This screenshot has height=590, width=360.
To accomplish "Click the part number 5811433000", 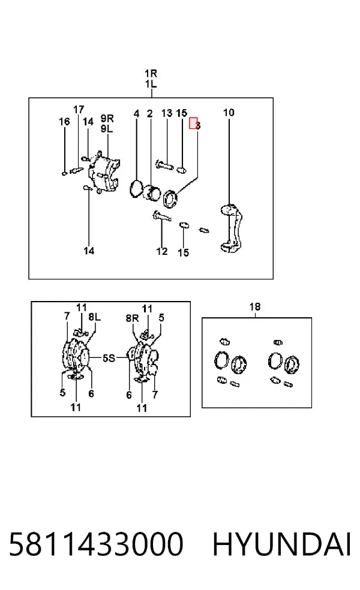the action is point(95,544).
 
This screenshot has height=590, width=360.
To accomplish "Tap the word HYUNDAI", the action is point(281,544).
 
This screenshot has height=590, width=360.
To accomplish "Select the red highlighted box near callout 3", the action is point(193,123).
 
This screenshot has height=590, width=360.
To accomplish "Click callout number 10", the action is point(229,113).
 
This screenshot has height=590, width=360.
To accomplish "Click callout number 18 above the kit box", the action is point(255,306).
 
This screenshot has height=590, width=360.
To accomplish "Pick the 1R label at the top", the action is point(151,73).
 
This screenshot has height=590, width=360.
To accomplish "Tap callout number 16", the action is point(64,122).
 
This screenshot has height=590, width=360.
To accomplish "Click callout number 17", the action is point(79,110).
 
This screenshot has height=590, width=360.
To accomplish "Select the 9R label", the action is point(107,118).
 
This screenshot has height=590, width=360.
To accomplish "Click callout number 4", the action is point(136,114).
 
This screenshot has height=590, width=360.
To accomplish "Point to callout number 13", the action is point(167,113).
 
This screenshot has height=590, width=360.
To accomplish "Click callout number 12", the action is point(162,251).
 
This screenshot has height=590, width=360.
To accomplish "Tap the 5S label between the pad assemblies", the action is point(109,358).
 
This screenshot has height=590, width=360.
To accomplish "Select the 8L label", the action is point(95,317).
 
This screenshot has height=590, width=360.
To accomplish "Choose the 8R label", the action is point(132,318).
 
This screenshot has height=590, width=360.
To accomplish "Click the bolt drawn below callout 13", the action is point(164,164).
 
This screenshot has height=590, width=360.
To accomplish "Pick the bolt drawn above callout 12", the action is point(162,216).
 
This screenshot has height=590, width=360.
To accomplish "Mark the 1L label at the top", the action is point(151,83).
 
